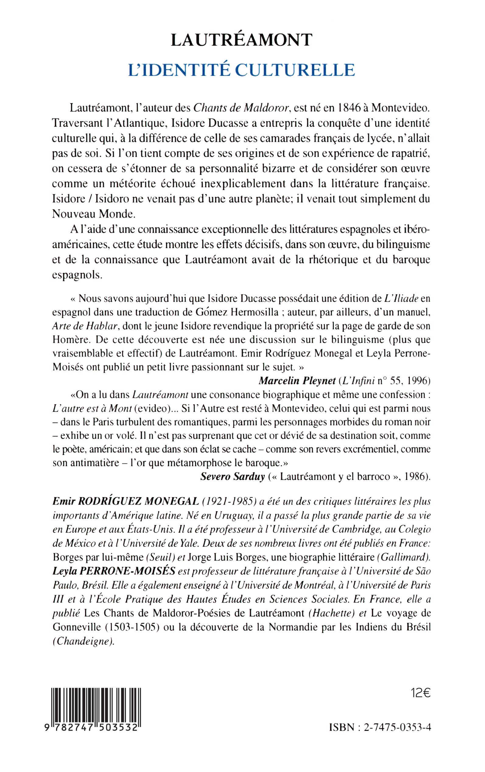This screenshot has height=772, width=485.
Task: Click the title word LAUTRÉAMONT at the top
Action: tap(241, 40)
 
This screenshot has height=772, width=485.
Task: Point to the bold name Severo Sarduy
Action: tap(233, 477)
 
